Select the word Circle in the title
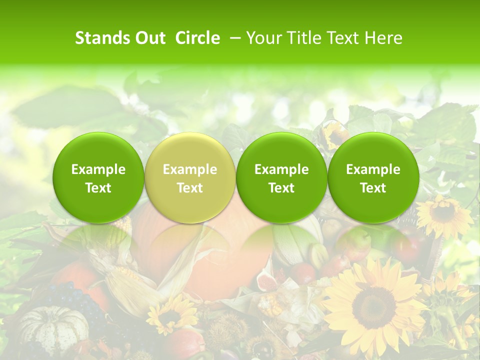pyautogui.click(x=197, y=38)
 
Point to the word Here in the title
pyautogui.click(x=383, y=38)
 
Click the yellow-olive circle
pyautogui.click(x=190, y=178)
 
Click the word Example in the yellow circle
pyautogui.click(x=190, y=169)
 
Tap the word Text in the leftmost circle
pyautogui.click(x=98, y=188)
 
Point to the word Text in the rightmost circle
pyautogui.click(x=373, y=188)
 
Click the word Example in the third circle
pyautogui.click(x=281, y=169)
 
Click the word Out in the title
pyautogui.click(x=149, y=38)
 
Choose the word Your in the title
pyautogui.click(x=263, y=38)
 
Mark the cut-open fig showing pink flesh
pyautogui.click(x=267, y=282)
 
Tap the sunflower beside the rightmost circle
pyautogui.click(x=443, y=214)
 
